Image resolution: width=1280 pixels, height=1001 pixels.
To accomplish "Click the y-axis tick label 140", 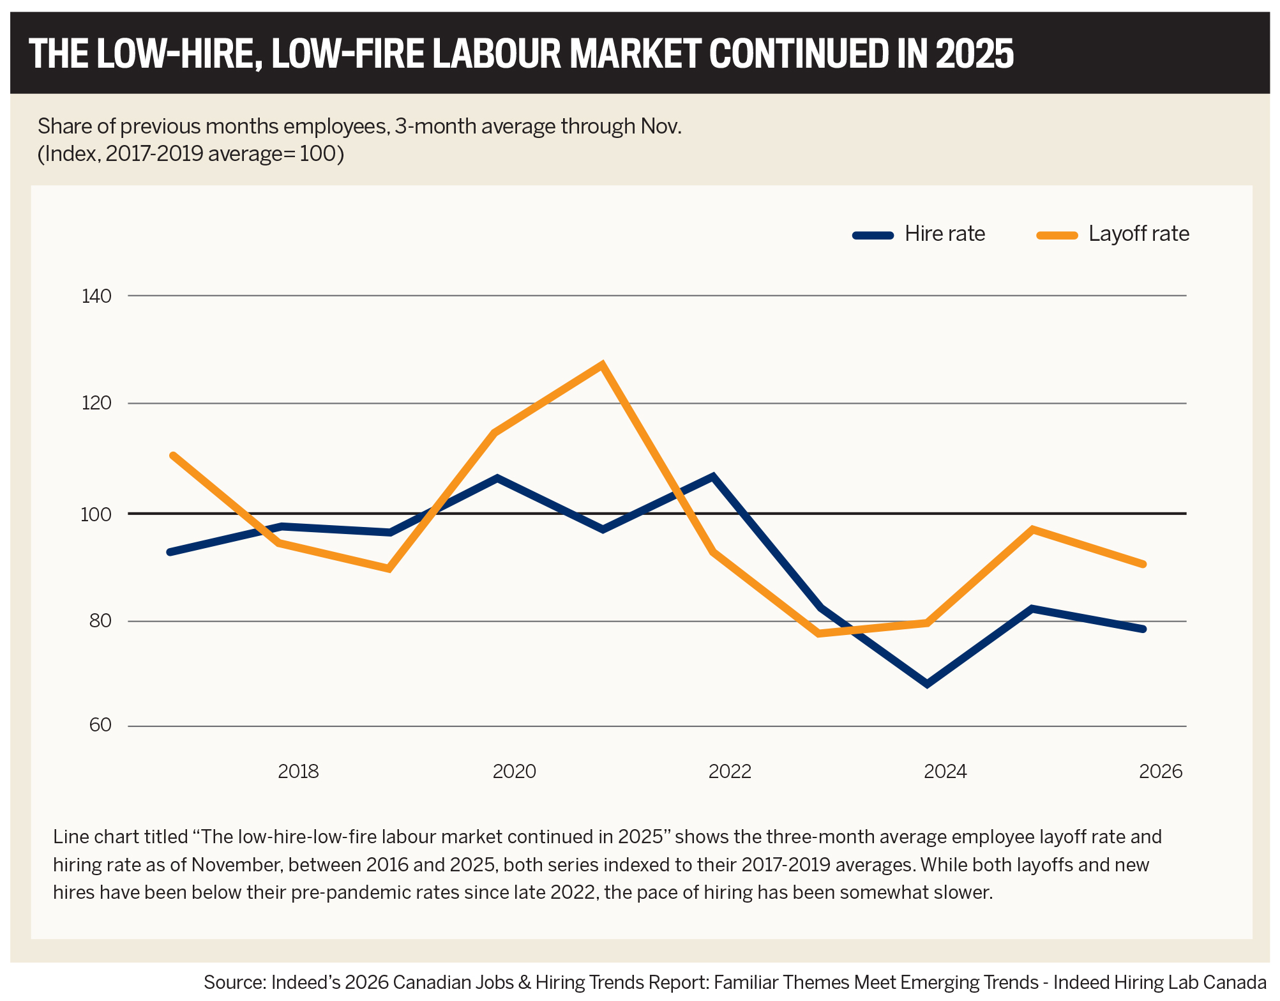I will [x=96, y=296].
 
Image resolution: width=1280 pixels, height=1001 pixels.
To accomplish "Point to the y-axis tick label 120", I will [x=96, y=404].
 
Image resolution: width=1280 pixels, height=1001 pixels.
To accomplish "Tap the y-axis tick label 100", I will [x=96, y=514].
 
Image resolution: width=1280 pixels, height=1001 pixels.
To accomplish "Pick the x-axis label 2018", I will [x=298, y=772].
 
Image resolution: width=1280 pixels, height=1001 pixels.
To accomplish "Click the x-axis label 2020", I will [x=514, y=772].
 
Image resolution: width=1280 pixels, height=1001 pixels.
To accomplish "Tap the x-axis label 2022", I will [x=730, y=772].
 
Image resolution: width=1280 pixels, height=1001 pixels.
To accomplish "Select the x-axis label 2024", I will [x=945, y=772].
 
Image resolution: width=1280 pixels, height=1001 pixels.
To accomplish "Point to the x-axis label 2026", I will [x=1161, y=772].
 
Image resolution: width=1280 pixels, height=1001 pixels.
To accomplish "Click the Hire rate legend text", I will [x=945, y=234].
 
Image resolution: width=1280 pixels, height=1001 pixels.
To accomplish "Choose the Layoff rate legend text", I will [x=1139, y=234].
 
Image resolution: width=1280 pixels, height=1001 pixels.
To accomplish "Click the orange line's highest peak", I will [x=601, y=365].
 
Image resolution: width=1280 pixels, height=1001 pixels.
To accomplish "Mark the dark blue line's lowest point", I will [x=927, y=684].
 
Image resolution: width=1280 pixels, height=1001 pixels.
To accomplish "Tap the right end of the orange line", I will [x=1143, y=564].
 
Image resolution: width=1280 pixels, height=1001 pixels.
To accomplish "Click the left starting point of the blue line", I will [x=170, y=552].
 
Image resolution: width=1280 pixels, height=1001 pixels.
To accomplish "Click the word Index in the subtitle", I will [x=69, y=154].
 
